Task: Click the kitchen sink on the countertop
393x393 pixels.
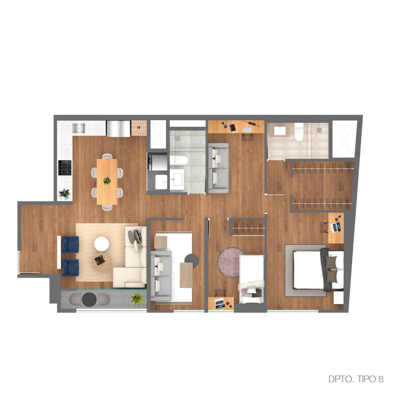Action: pos(78,128)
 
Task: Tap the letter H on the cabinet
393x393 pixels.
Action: pos(139,128)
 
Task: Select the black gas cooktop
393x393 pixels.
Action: pos(65,168)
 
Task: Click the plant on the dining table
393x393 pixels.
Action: pos(107,180)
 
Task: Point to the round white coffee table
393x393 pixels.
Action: pos(101,244)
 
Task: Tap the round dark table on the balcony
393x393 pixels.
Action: pos(89,299)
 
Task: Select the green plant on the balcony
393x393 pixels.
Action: pos(137,299)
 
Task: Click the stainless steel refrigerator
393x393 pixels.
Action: pos(118,128)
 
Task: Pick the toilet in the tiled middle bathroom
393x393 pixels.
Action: pos(179,160)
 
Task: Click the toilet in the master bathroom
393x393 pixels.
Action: pos(299,132)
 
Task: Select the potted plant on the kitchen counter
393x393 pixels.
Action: pos(64,194)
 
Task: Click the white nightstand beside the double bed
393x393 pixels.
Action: pos(339,298)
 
